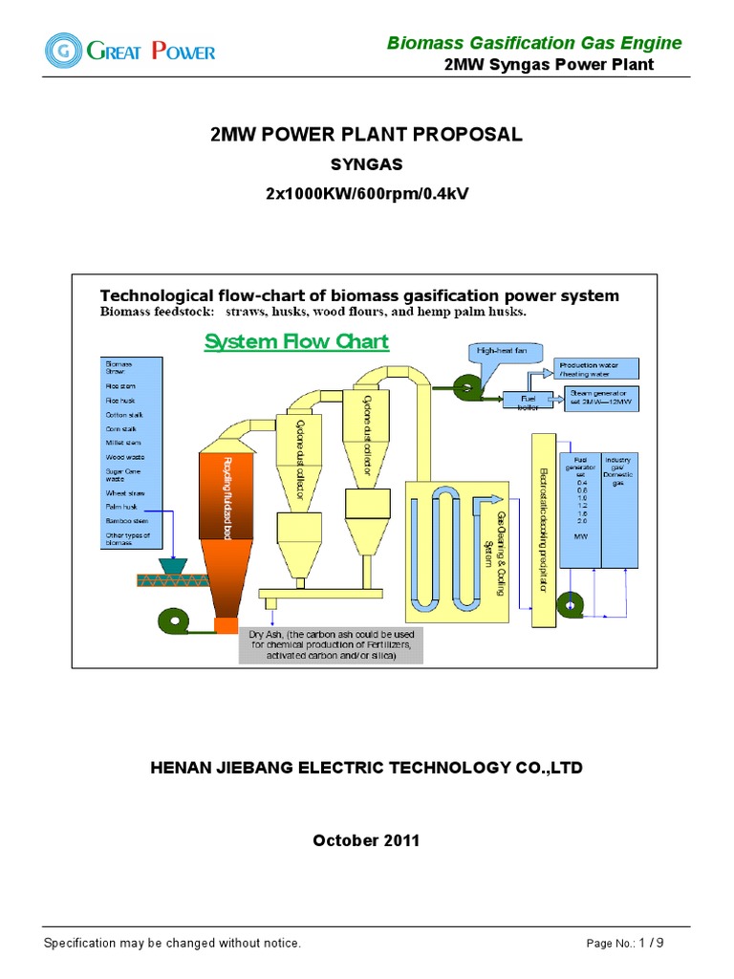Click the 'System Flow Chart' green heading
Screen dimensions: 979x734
click(296, 342)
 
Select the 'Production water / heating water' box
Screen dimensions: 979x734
click(596, 369)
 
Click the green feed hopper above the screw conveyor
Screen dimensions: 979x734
click(173, 565)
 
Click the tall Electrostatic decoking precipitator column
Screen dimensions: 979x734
click(543, 531)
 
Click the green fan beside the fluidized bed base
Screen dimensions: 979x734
click(175, 620)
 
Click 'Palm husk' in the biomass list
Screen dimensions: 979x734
click(121, 506)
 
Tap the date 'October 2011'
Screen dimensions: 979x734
click(366, 840)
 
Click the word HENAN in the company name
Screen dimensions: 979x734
click(181, 768)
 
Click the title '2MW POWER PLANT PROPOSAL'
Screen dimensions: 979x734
click(366, 135)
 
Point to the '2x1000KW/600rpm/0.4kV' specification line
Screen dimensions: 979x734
click(366, 194)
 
